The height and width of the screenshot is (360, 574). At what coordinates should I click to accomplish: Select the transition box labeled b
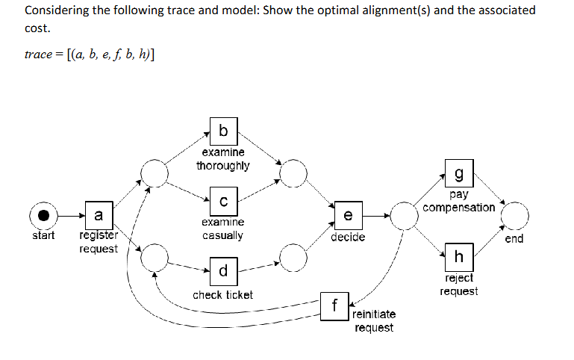[x=223, y=131]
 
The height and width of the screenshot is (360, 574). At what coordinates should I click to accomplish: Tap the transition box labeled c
[x=223, y=200]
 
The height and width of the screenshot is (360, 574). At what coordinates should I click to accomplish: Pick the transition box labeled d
[x=223, y=270]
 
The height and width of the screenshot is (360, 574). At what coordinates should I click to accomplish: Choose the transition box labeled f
[x=334, y=306]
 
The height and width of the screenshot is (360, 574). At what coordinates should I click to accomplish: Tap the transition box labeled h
[x=458, y=257]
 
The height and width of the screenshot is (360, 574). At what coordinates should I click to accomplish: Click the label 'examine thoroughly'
[x=222, y=159]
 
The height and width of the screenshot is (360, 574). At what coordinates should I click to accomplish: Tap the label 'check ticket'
[x=222, y=295]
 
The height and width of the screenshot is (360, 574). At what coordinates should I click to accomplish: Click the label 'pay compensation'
[x=458, y=201]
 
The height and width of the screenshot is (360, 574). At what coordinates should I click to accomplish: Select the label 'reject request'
[x=458, y=285]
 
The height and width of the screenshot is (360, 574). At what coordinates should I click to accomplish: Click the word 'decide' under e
[x=348, y=237]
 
